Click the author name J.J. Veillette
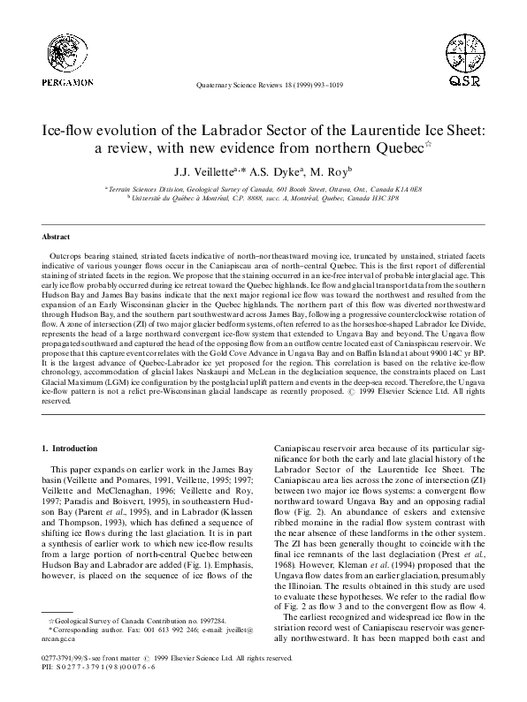pos(201,172)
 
